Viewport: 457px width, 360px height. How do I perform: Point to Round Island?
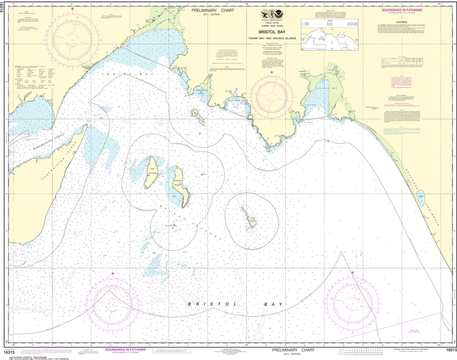tap(250, 218)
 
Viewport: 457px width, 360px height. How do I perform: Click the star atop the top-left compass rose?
tap(73, 9)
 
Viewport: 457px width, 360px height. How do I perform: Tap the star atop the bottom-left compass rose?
tap(112, 273)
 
